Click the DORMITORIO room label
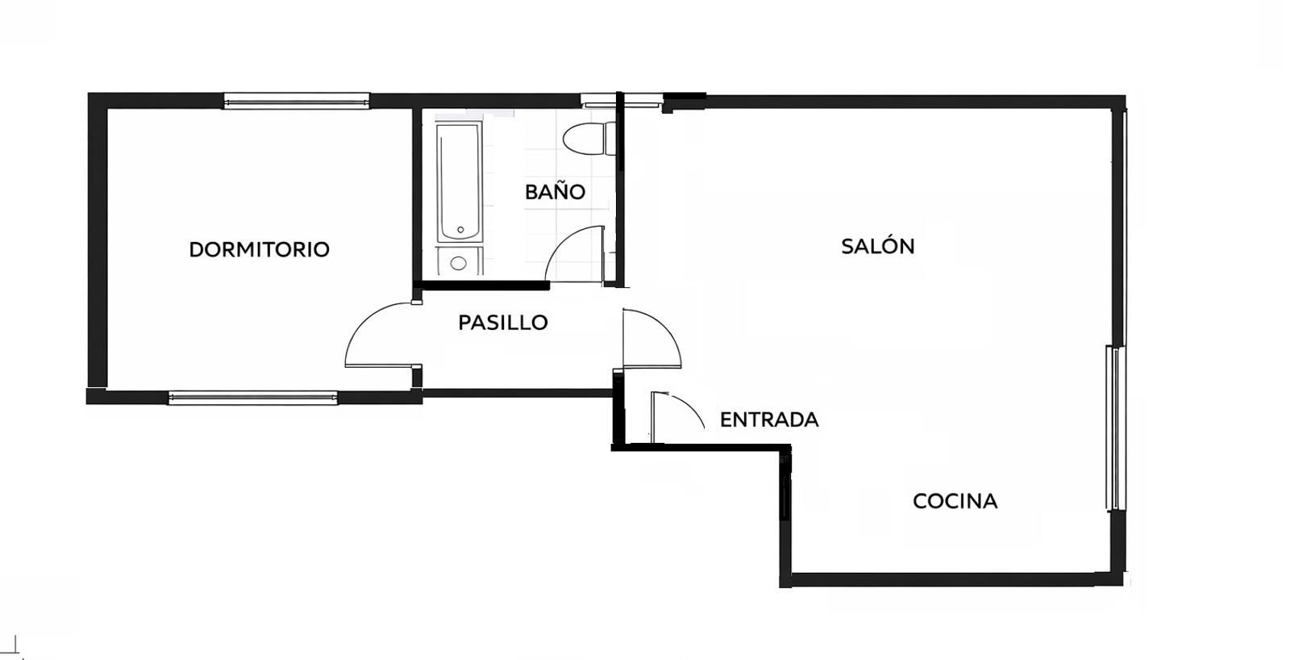click(x=259, y=249)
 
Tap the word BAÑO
click(x=556, y=190)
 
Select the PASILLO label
click(x=503, y=323)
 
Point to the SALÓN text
click(x=878, y=245)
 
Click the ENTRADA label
click(x=769, y=420)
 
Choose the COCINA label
click(x=955, y=501)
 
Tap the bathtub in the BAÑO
click(x=459, y=182)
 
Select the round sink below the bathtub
click(x=459, y=263)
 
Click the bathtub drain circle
click(x=460, y=230)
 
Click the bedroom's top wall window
click(x=297, y=102)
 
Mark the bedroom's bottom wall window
click(x=253, y=397)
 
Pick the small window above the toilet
click(x=620, y=102)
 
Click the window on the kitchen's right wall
click(x=1115, y=428)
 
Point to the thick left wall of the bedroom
click(x=98, y=248)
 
